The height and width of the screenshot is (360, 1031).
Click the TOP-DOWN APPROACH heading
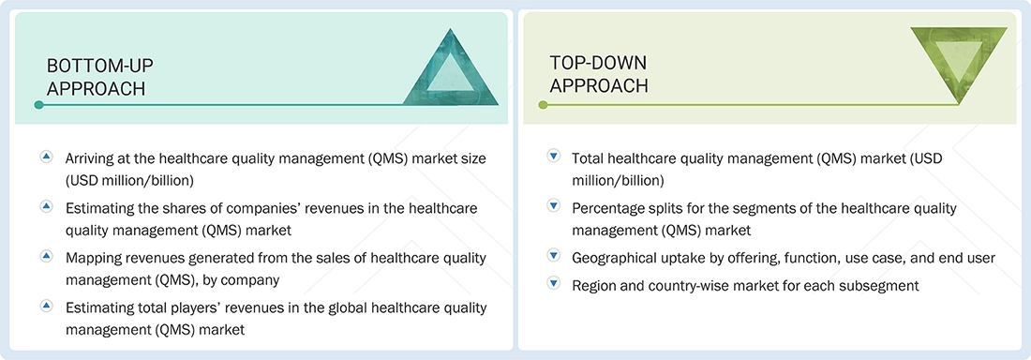coord(599,73)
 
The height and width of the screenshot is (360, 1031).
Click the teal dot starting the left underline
coord(38,105)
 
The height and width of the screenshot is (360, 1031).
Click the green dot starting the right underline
coord(543,105)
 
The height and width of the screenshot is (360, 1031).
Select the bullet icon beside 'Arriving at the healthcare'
coord(46,157)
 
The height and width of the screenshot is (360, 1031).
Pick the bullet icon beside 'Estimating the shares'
coord(46,206)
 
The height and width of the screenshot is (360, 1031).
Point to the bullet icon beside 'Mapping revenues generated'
coord(46,256)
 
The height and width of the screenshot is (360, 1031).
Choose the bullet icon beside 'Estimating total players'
coord(46,306)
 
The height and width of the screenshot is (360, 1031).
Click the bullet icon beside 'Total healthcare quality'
coord(553,157)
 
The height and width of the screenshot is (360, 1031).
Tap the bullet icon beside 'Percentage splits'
coord(553,206)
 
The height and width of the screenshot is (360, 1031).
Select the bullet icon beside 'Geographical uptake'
coord(553,256)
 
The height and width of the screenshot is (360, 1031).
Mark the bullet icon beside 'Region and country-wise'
coord(553,283)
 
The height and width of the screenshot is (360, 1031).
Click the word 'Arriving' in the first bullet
coord(93,158)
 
